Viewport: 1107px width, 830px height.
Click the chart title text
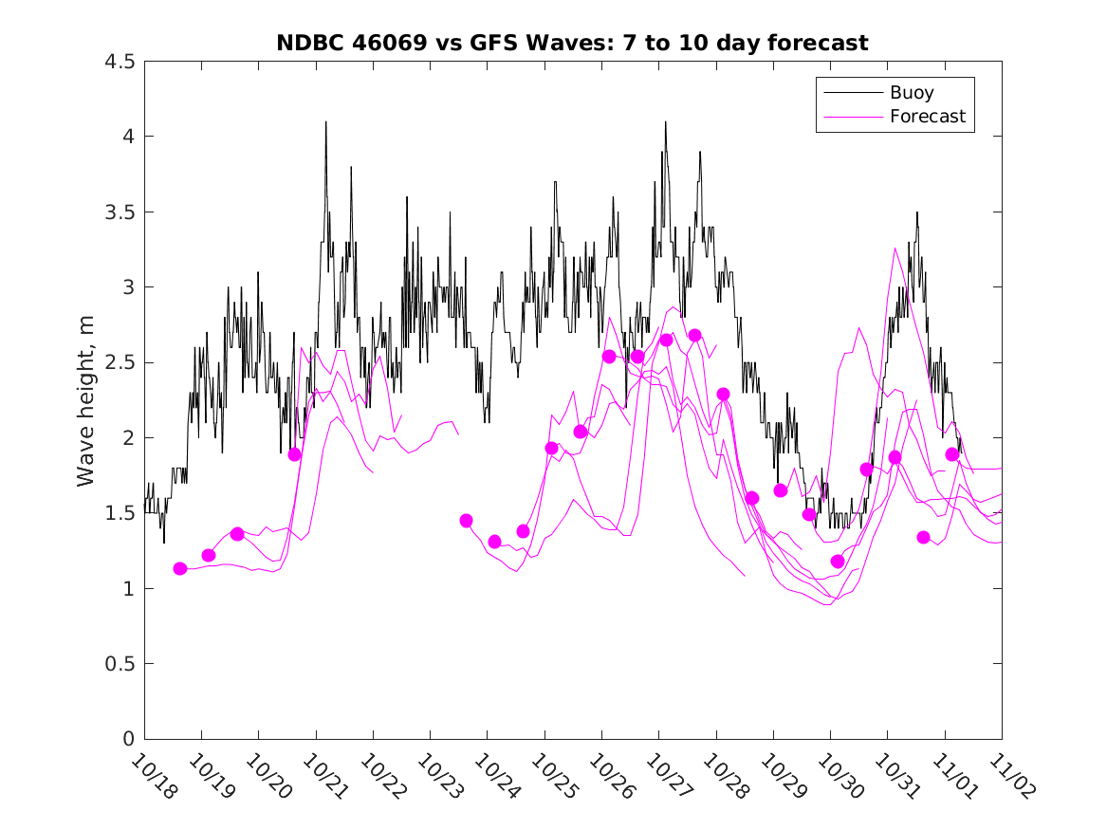(x=572, y=44)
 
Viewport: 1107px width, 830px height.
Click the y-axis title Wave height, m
(x=86, y=399)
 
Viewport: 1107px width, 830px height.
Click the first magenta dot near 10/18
(x=180, y=569)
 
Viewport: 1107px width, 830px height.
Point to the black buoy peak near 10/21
(x=325, y=122)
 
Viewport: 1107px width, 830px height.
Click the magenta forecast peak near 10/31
(x=895, y=249)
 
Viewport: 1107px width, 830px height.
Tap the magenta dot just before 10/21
(x=295, y=454)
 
